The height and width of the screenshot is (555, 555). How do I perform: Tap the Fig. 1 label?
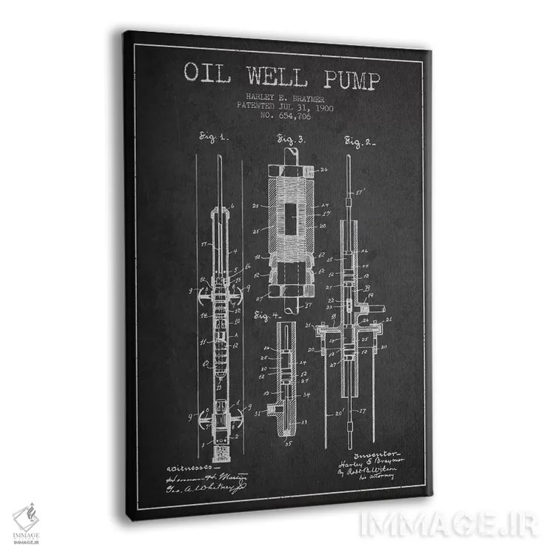tap(215, 137)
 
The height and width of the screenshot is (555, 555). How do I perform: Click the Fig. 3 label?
tap(291, 138)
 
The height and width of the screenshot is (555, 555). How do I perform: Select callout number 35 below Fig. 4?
tap(289, 446)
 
